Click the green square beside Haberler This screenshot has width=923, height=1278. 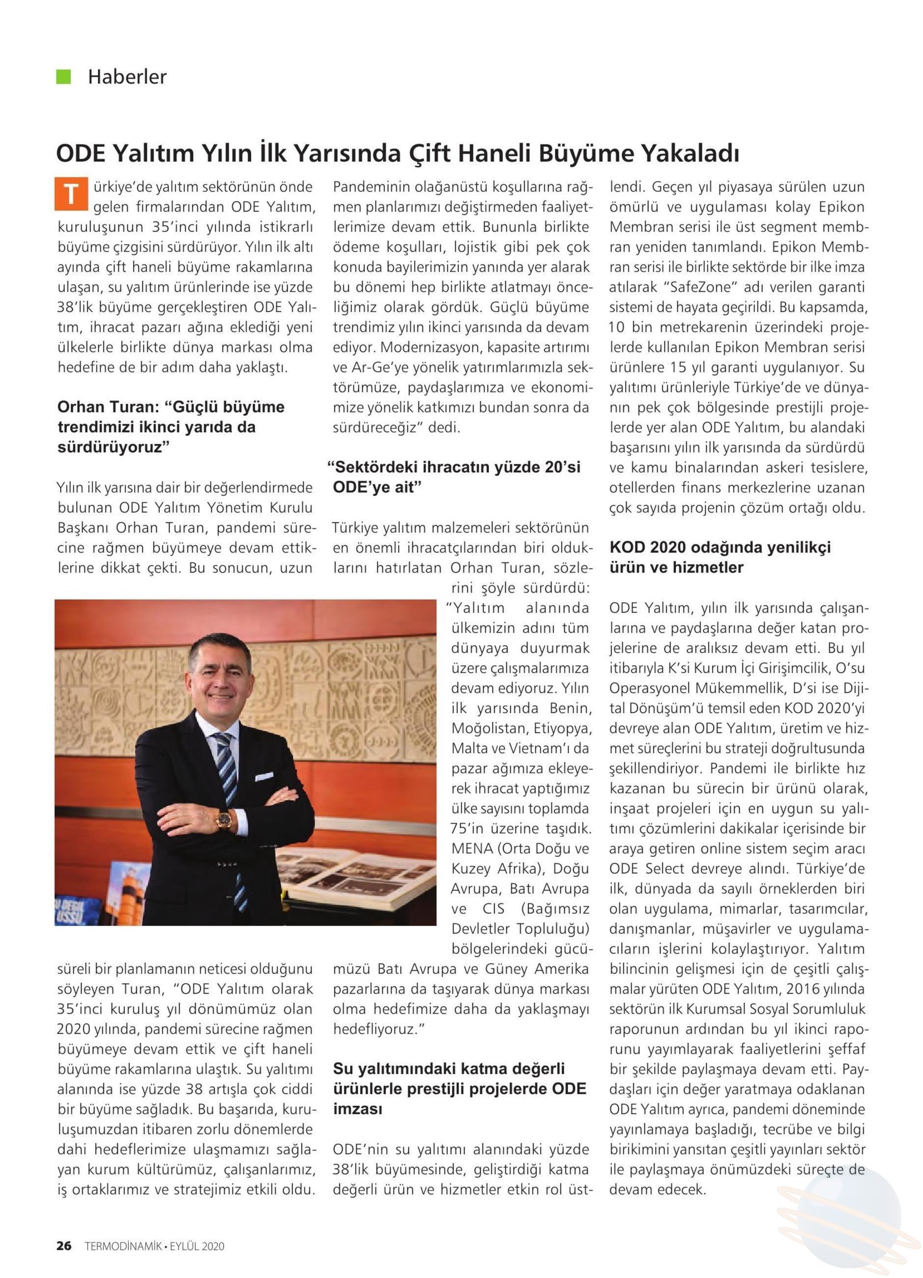63,77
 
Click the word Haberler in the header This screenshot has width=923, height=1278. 127,77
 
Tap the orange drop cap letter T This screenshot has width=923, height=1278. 71,194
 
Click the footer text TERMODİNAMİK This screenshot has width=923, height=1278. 123,1246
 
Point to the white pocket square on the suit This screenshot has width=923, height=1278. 264,777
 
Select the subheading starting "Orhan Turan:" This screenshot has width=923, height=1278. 171,426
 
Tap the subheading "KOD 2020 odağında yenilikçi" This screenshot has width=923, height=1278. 720,547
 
